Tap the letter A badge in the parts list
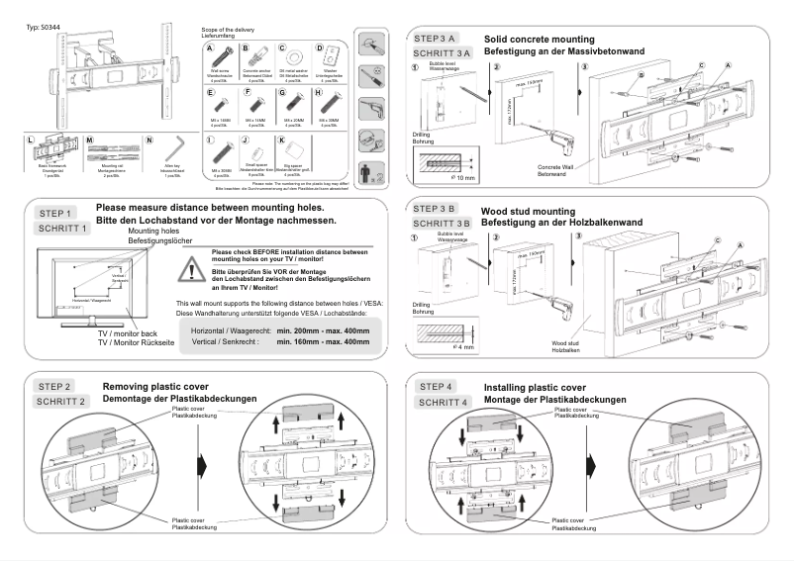coord(210,48)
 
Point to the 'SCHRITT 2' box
coord(61,402)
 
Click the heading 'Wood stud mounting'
coord(527,212)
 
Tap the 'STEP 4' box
coord(437,387)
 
